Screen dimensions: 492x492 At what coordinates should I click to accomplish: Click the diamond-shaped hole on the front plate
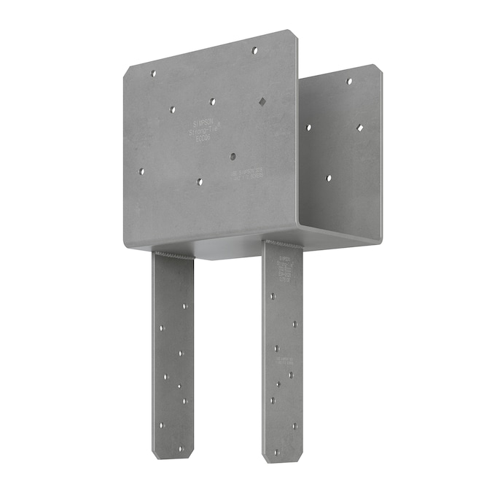click(x=262, y=102)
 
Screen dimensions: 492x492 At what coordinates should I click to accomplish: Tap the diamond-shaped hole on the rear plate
click(x=360, y=128)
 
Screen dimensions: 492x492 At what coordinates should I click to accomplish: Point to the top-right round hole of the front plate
click(x=254, y=50)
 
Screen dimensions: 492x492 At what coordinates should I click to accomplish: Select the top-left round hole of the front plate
click(x=153, y=73)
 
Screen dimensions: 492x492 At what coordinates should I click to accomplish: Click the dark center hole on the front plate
click(x=233, y=156)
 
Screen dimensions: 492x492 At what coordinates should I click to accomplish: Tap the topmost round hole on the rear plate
click(x=349, y=81)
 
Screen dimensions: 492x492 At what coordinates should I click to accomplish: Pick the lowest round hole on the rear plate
click(x=329, y=178)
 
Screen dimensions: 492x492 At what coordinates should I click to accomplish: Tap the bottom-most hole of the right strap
click(x=276, y=452)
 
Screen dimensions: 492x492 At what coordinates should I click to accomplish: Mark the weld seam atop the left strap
click(x=173, y=254)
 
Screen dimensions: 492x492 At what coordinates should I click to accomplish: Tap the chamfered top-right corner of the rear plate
click(x=378, y=69)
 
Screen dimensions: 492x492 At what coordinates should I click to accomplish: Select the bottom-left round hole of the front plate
click(x=141, y=172)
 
